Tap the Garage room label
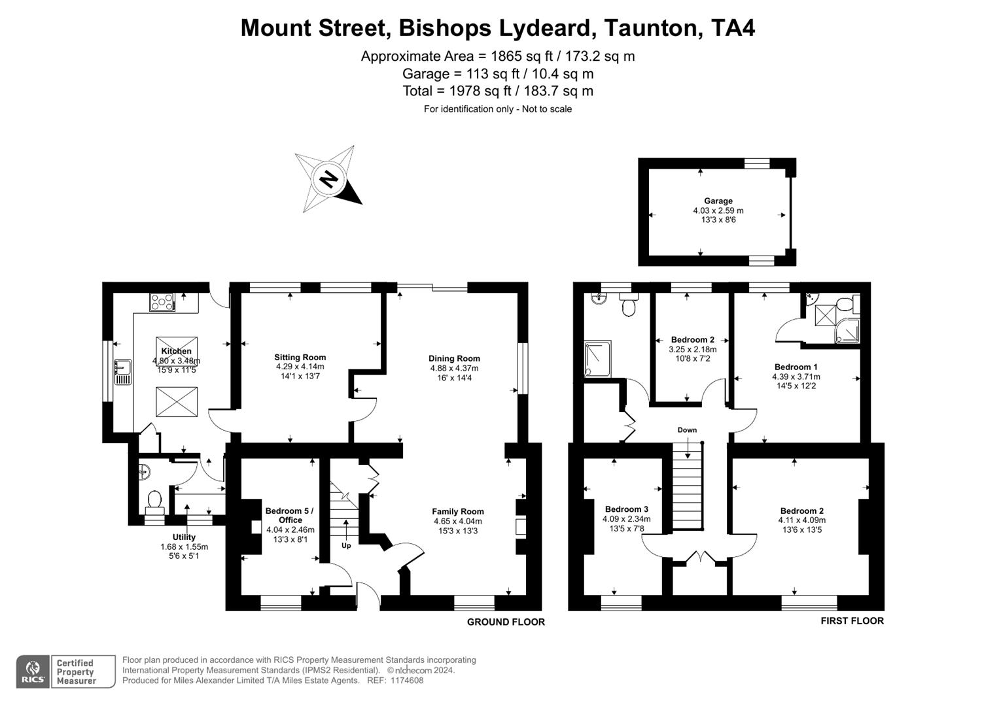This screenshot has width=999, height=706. (x=718, y=201)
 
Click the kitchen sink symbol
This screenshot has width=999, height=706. (x=122, y=371)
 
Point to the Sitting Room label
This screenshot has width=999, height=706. (x=300, y=358)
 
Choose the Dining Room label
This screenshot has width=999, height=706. (x=454, y=358)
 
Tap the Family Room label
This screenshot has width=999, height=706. (x=457, y=512)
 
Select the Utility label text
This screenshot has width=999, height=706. (x=184, y=537)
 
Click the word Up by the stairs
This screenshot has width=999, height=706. (x=346, y=545)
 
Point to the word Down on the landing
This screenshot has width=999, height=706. (x=687, y=430)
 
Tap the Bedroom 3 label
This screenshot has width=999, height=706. (x=626, y=509)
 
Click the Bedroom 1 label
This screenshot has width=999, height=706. (x=796, y=367)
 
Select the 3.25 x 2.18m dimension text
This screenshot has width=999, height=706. (x=692, y=350)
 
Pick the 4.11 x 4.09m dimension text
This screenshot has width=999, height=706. (x=801, y=520)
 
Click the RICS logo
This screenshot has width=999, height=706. (x=33, y=671)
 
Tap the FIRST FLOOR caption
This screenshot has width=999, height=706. (x=852, y=621)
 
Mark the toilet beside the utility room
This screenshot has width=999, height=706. (x=154, y=500)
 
